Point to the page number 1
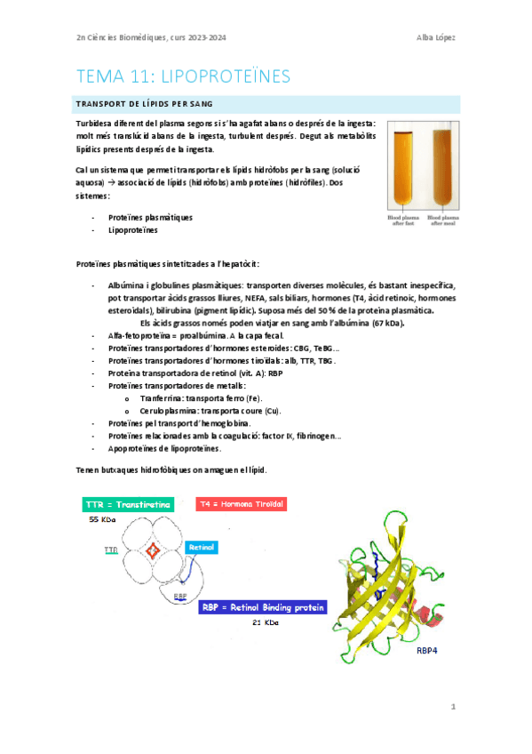pyautogui.click(x=453, y=707)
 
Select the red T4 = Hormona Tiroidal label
pyautogui.click(x=242, y=504)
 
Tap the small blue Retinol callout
pyautogui.click(x=202, y=546)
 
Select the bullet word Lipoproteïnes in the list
pyautogui.click(x=133, y=230)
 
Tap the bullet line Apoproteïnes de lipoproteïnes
pyautogui.click(x=165, y=448)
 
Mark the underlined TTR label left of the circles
pyautogui.click(x=110, y=551)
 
